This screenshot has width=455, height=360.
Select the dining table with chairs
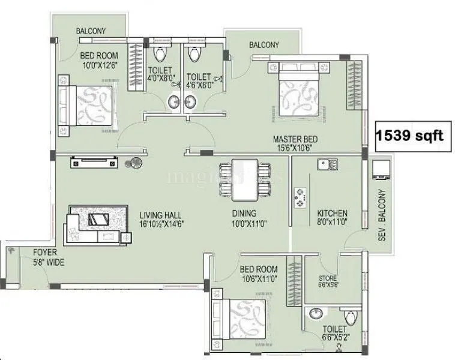click(245, 180)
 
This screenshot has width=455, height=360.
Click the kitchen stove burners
click(299, 197)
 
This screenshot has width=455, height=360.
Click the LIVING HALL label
click(160, 215)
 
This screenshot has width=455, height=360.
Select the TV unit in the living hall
click(93, 162)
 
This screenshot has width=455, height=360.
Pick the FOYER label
click(45, 253)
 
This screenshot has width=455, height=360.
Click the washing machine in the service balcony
click(381, 170)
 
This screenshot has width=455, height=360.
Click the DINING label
click(244, 214)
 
